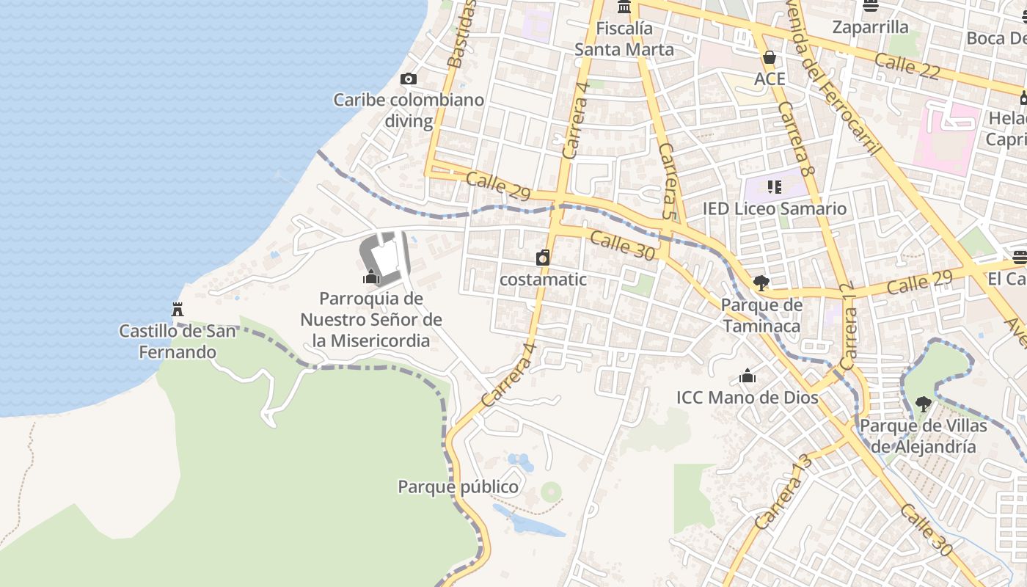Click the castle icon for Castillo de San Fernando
click(x=177, y=309)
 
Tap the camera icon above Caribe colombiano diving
click(x=409, y=79)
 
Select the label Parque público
click(x=458, y=486)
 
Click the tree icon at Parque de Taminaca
click(x=761, y=282)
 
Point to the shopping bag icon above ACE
click(x=770, y=57)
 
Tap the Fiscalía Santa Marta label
click(x=624, y=39)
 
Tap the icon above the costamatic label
click(x=543, y=257)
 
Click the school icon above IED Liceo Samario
click(x=775, y=187)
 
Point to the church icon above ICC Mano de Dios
click(x=748, y=376)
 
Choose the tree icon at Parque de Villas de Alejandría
click(x=923, y=403)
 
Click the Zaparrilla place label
click(x=870, y=27)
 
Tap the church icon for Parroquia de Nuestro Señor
click(x=371, y=277)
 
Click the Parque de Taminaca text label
click(x=761, y=315)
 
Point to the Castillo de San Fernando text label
click(x=178, y=341)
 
